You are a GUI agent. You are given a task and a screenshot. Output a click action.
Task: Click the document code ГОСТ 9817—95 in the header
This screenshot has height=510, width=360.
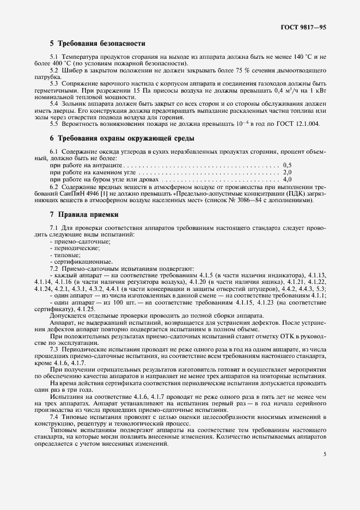pos(303,27)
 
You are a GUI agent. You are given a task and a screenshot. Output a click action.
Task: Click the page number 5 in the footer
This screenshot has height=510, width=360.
pos(324,454)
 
